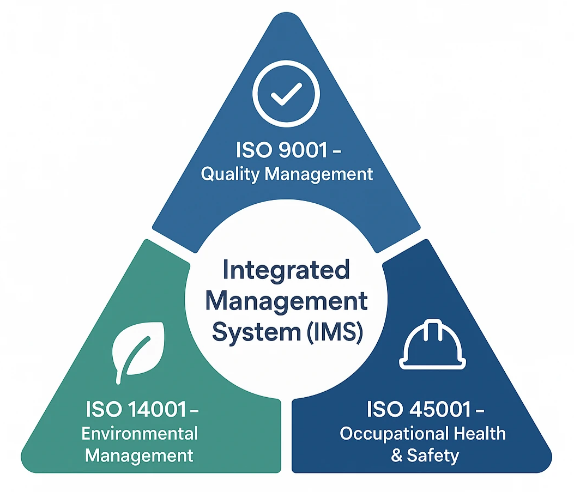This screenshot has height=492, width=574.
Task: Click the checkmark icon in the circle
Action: tap(286, 94)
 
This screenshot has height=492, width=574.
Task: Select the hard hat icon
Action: tap(432, 344)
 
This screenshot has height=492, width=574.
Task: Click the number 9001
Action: tap(303, 150)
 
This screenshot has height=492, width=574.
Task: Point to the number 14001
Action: tap(158, 409)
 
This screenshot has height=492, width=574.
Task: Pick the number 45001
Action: tap(440, 409)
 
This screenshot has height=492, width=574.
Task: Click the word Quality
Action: tap(230, 174)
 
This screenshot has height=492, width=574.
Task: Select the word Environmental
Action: tap(140, 434)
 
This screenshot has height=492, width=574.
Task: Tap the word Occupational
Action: tap(394, 434)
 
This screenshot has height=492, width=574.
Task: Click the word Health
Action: tap(480, 433)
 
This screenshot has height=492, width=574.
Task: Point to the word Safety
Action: tap(433, 456)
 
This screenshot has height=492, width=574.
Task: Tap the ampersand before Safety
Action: tap(396, 456)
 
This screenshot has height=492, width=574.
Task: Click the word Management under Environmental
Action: tap(139, 457)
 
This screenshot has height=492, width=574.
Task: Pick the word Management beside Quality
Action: tap(318, 174)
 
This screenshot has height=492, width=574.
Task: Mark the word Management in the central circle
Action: tap(286, 302)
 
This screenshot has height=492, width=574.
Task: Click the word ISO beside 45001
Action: tap(385, 409)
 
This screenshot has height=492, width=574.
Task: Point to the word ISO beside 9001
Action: tap(254, 150)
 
